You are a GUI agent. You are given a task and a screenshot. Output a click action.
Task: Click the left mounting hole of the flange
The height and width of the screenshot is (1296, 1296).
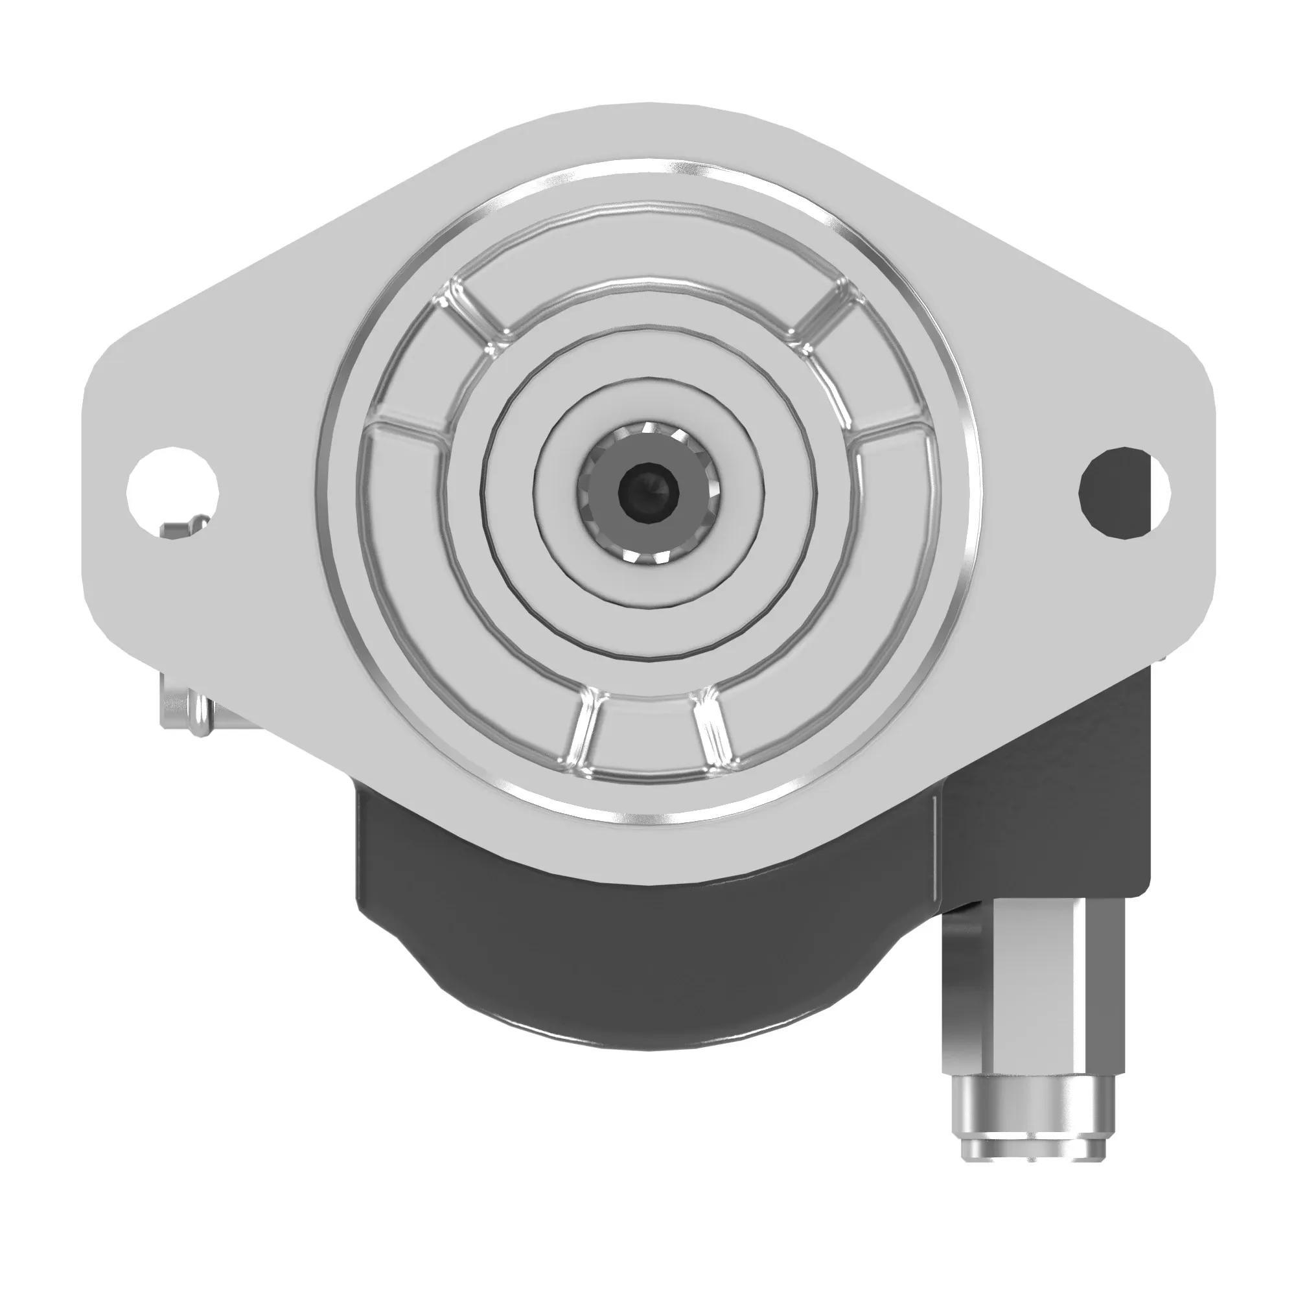pos(173,492)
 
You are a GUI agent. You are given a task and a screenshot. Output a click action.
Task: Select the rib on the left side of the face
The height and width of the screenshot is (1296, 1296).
pos(406,423)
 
